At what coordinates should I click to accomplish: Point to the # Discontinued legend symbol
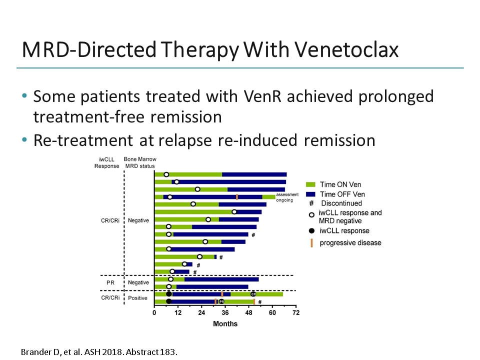310,203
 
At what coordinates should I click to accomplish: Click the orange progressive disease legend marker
311,243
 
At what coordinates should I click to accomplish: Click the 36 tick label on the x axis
225,313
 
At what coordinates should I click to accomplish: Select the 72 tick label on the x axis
296,313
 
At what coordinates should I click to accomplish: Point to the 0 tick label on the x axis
154,313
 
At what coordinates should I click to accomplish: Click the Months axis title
225,323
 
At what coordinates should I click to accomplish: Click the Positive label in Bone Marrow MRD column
137,298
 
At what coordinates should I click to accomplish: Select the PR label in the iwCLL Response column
110,282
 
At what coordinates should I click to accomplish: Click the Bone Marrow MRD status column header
139,162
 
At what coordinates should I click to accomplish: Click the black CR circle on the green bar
253,294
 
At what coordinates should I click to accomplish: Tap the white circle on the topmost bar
166,174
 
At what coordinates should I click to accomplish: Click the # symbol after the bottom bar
260,302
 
